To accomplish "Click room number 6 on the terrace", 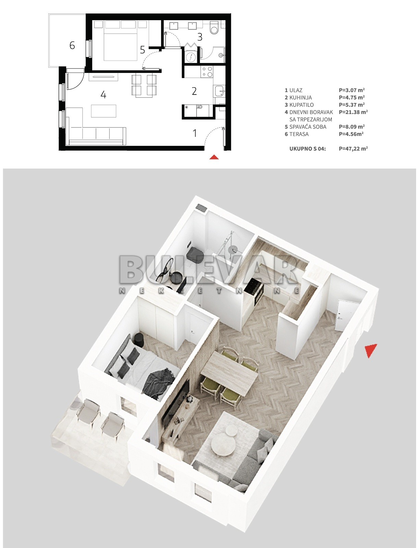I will pyautogui.click(x=72, y=45).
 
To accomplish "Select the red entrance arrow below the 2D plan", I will pyautogui.click(x=214, y=157).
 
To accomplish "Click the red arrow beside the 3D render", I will pyautogui.click(x=370, y=350).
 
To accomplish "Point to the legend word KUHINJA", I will pyautogui.click(x=300, y=98).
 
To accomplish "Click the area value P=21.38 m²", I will pyautogui.click(x=353, y=112).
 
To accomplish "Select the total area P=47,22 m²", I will pyautogui.click(x=353, y=149).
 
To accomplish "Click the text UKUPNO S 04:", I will pyautogui.click(x=308, y=149).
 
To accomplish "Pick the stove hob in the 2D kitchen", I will pyautogui.click(x=207, y=72).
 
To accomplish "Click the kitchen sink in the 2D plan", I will pyautogui.click(x=220, y=91).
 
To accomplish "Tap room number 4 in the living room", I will pyautogui.click(x=103, y=95).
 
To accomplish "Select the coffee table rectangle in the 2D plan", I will pyautogui.click(x=103, y=111).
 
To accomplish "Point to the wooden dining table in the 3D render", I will pyautogui.click(x=230, y=370).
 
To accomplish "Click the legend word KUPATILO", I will pyautogui.click(x=302, y=105).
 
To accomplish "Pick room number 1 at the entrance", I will pyautogui.click(x=195, y=133).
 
